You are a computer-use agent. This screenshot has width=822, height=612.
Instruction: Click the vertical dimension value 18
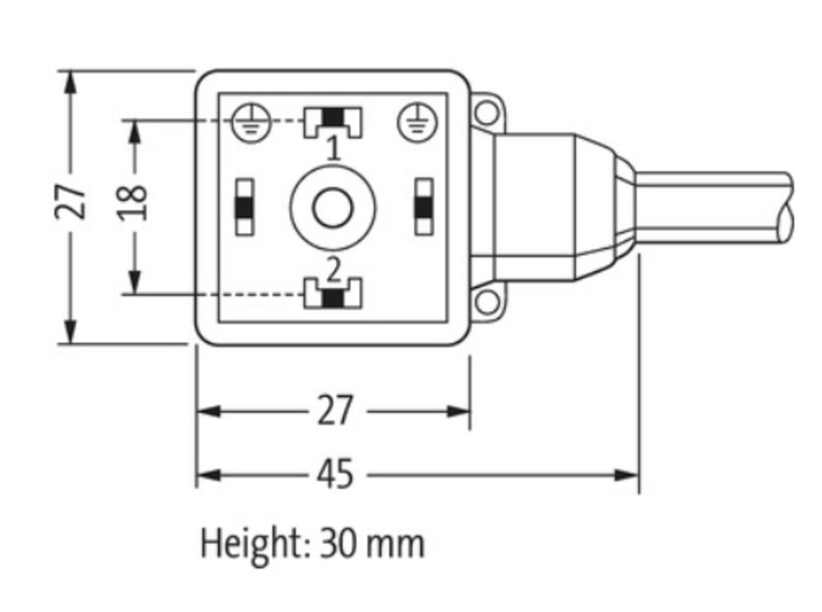click(133, 203)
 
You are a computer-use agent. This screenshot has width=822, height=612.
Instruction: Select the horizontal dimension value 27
click(335, 411)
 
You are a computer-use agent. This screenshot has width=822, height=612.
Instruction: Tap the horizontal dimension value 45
click(335, 474)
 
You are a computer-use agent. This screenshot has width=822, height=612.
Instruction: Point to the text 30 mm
click(372, 543)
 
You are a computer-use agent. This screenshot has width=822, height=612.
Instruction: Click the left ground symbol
click(252, 122)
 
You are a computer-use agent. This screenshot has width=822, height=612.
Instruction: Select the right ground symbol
click(418, 122)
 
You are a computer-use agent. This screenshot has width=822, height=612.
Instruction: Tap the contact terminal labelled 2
click(333, 294)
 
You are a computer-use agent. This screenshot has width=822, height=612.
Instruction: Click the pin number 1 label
click(333, 149)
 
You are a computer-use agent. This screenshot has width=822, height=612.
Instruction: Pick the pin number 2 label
click(333, 269)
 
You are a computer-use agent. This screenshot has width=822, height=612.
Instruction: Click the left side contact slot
click(244, 207)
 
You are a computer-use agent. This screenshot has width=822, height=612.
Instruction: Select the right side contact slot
click(424, 207)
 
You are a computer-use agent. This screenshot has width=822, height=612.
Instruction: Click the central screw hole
click(333, 207)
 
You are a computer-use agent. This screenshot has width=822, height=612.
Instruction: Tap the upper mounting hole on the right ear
click(487, 112)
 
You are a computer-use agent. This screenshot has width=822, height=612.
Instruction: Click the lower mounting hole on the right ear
click(487, 302)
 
